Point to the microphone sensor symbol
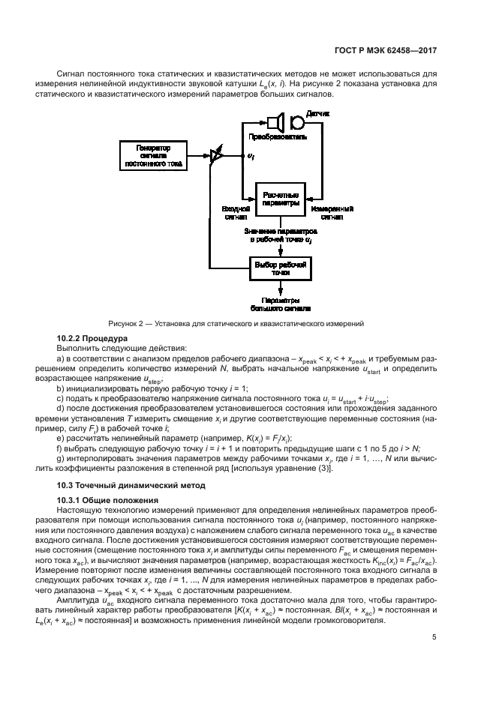296,121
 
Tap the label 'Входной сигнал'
235,213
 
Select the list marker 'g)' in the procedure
60,458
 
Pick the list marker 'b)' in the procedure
60,388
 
